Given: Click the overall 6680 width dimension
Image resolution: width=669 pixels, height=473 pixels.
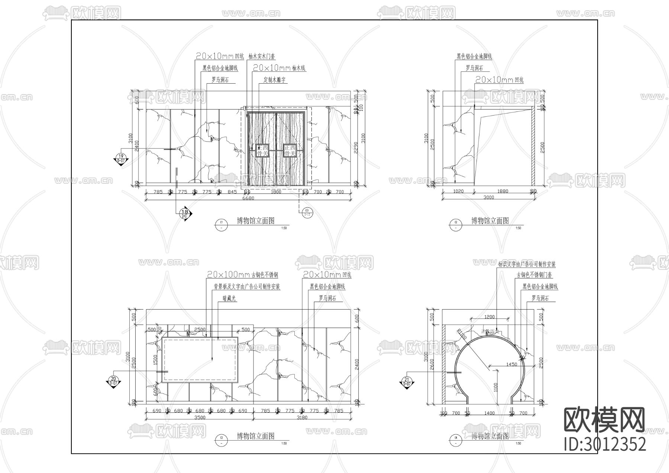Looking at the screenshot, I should (248, 198).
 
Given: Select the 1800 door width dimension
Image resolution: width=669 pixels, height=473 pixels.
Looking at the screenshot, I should (276, 192).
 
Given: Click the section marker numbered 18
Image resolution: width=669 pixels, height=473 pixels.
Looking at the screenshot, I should (186, 213).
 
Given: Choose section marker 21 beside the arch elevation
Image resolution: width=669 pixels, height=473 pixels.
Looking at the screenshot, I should (407, 381).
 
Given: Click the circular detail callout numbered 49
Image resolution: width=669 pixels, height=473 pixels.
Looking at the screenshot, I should (307, 212).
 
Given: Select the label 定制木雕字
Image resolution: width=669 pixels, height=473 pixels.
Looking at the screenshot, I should (275, 80).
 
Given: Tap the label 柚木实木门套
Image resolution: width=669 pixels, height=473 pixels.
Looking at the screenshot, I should (262, 56).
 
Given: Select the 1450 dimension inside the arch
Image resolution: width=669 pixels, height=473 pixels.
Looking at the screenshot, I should (511, 365).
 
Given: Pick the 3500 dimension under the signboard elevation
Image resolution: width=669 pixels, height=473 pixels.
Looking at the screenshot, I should (200, 417).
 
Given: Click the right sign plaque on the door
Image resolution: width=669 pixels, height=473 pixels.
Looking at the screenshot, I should (289, 150).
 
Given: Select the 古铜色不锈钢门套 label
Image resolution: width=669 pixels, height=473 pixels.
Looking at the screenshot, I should (534, 275).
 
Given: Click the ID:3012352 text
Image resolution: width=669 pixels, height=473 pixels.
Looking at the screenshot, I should (605, 444).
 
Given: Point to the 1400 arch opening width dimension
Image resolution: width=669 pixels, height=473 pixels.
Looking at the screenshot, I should (489, 413).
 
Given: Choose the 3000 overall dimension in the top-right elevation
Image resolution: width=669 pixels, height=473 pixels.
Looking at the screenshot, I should (489, 198).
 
